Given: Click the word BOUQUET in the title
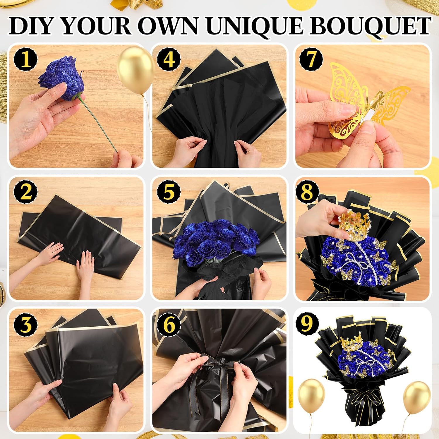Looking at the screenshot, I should point(370,26).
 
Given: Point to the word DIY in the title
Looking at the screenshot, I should point(33,26).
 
